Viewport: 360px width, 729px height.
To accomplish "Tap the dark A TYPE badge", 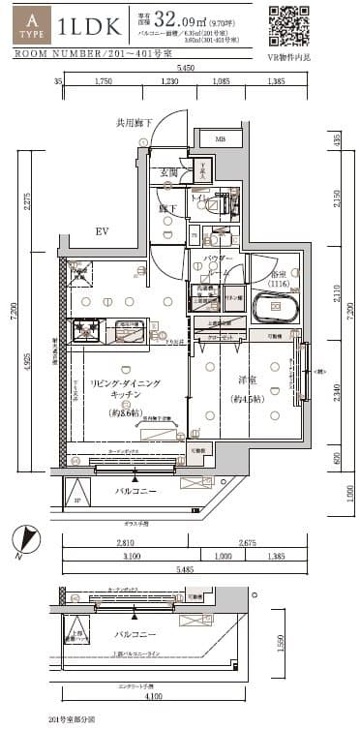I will [x=34, y=25].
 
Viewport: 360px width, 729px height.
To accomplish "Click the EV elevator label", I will [x=102, y=232].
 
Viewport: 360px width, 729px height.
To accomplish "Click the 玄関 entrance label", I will [x=168, y=172].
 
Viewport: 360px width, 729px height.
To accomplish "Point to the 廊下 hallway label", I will [x=166, y=207].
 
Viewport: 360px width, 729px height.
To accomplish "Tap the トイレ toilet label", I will [x=199, y=197].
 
